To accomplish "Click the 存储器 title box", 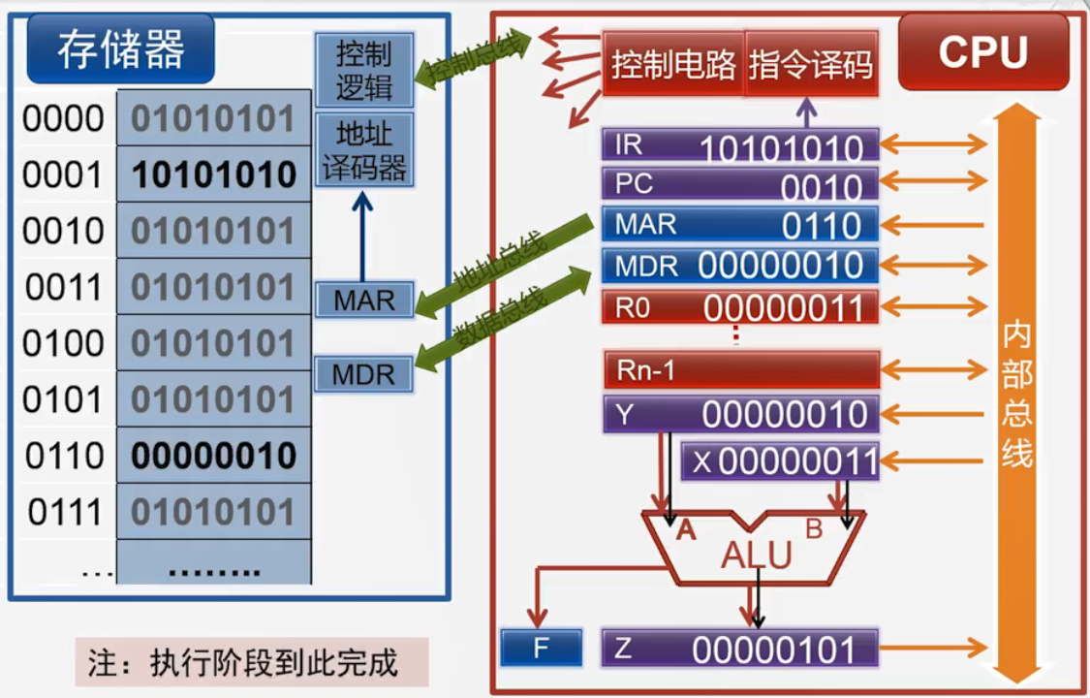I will coord(120,49).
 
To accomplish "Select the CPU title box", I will coord(982,52).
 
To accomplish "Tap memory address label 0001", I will coord(63,175).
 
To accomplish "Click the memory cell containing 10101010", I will coord(214,175).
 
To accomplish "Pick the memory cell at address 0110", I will coord(214,456).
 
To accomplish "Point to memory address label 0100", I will coord(63,343).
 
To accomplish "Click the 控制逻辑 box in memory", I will coord(363,71).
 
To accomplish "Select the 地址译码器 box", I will coord(363,149).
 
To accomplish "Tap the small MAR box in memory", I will coord(363,301).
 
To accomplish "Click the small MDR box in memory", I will coord(363,374).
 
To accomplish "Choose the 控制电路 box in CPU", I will coord(672,65).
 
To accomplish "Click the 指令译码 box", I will coord(811,65).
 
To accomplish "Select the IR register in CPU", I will coord(740,146).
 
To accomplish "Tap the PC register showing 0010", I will coord(740,184).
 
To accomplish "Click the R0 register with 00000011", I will coord(740,307).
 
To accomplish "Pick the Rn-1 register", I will coord(740,370).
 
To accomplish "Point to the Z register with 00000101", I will coord(740,649).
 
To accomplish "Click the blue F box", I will coord(542,648).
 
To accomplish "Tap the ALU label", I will coord(756,555).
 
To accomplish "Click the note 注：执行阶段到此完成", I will coord(251,663).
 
